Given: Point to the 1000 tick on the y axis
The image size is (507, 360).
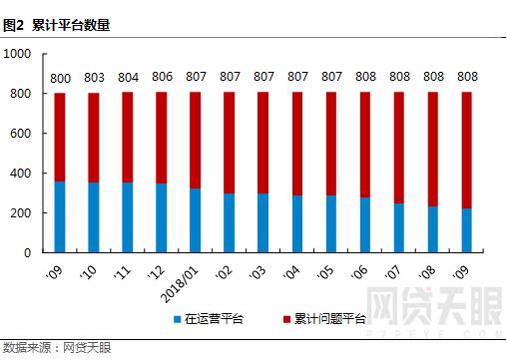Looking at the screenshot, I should [x=19, y=54].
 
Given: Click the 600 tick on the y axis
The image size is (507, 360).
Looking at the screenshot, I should [x=23, y=134].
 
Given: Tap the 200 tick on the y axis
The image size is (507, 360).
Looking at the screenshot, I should [x=23, y=213].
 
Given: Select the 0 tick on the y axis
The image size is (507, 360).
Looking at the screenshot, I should [x=31, y=253].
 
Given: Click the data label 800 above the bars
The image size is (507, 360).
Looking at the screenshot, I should [x=60, y=77].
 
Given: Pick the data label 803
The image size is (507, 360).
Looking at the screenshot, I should [x=94, y=77].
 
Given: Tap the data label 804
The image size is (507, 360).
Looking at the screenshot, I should [x=128, y=77].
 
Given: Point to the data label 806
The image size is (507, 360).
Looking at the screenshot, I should [x=162, y=77].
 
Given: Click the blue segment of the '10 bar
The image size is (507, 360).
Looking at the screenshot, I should [x=94, y=217].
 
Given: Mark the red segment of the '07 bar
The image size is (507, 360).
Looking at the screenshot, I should [x=399, y=149].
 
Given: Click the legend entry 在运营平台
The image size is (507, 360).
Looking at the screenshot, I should [x=209, y=319].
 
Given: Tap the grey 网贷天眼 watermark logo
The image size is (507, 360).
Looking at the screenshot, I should [x=433, y=305].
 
